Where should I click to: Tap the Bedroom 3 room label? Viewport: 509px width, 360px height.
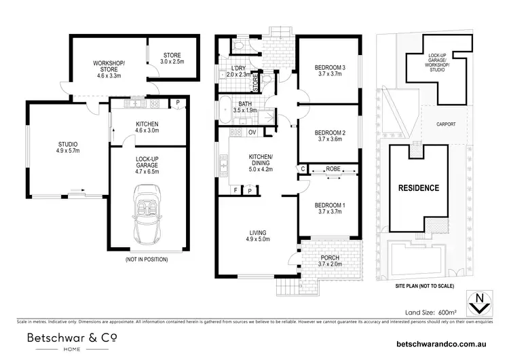[x=329, y=71]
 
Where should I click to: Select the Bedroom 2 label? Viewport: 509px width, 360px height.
[x=329, y=136]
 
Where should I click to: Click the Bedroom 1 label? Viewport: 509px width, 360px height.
[x=329, y=209]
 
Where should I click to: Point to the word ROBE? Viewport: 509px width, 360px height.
[x=333, y=168]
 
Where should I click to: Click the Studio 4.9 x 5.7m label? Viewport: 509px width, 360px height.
[x=67, y=147]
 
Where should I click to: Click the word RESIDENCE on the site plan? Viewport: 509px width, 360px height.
[x=418, y=188]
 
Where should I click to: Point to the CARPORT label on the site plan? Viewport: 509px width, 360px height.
[x=445, y=124]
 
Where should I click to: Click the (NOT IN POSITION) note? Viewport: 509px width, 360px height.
[x=147, y=259]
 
